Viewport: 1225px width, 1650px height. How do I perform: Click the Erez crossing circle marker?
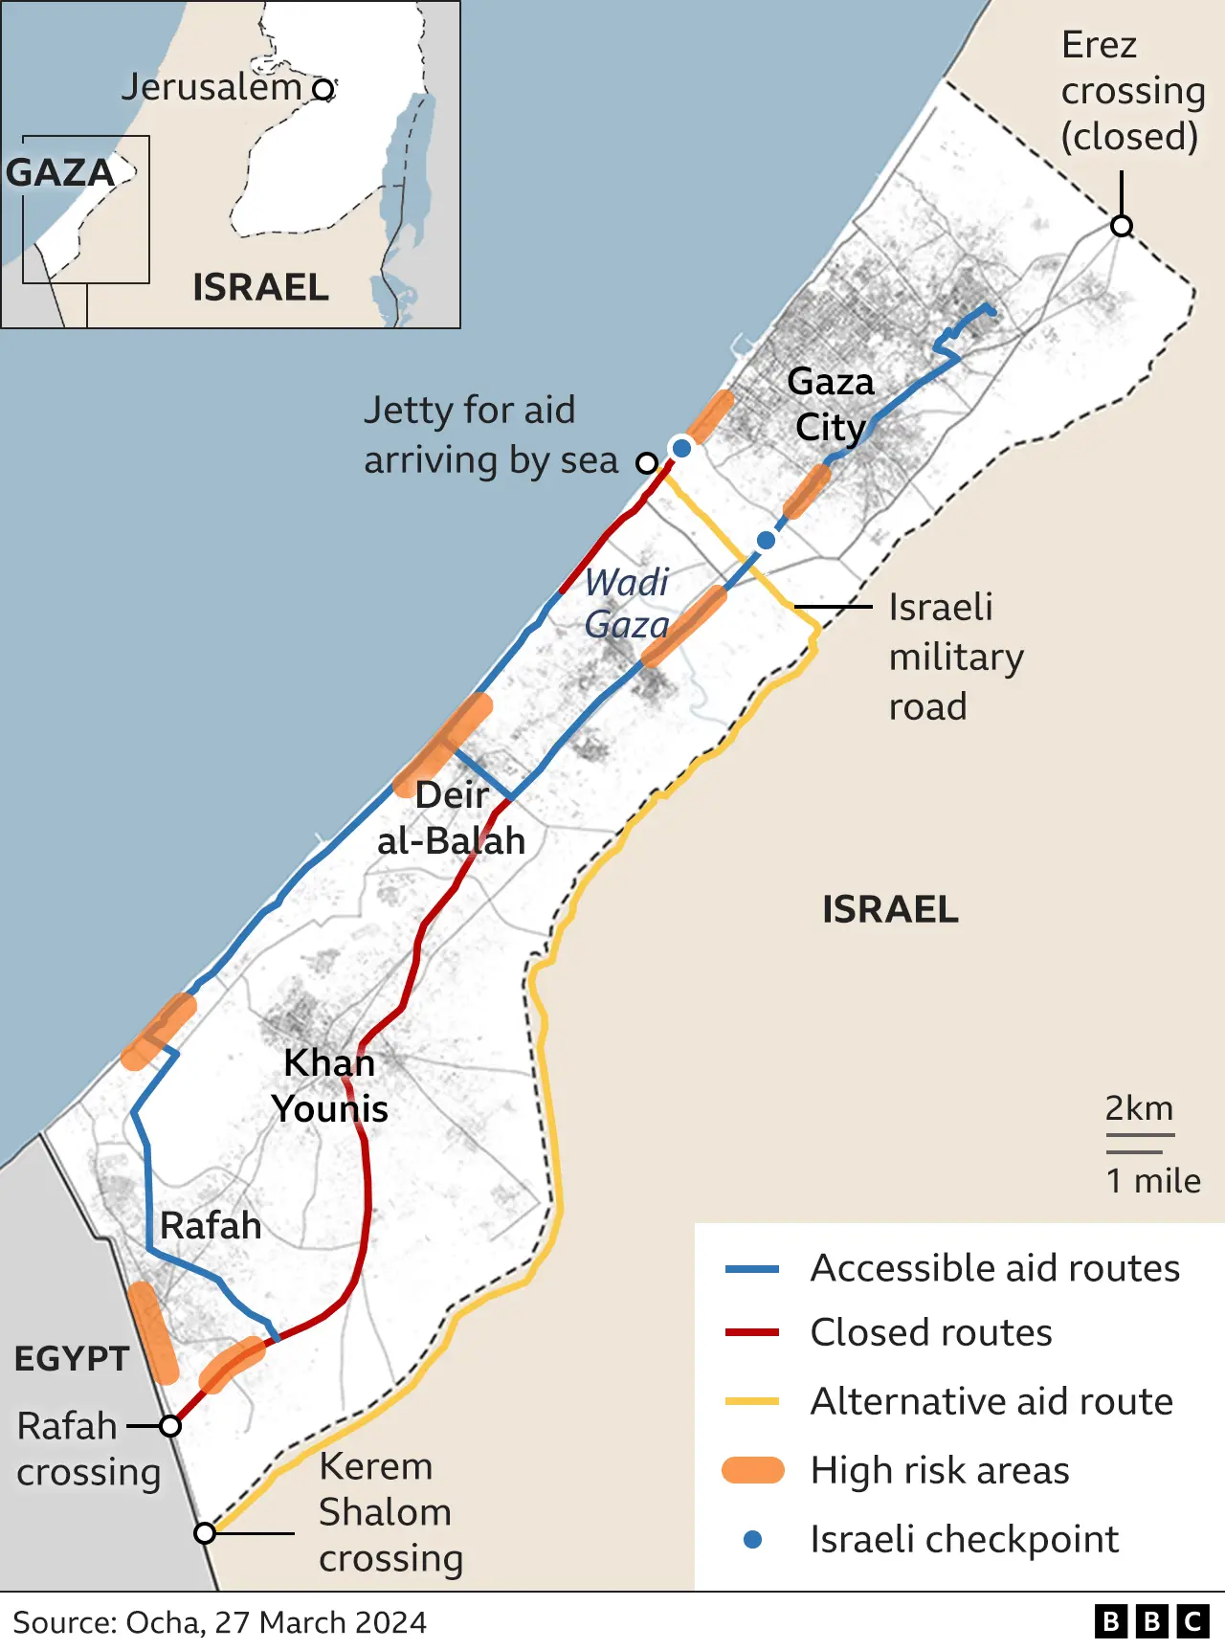tap(1122, 226)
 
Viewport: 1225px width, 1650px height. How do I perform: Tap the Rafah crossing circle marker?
tap(170, 1426)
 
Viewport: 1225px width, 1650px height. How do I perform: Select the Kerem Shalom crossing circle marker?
tap(205, 1533)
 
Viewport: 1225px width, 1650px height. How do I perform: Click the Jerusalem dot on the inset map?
tap(324, 89)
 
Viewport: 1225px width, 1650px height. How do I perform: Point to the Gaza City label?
tap(831, 405)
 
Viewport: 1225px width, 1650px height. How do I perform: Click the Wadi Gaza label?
tap(627, 603)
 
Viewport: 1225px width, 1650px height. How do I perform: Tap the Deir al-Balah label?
tap(452, 818)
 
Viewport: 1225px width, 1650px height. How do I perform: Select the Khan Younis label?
tap(330, 1086)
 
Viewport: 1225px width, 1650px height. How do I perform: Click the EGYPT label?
tap(72, 1359)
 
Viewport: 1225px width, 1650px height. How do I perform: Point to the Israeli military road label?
tap(955, 657)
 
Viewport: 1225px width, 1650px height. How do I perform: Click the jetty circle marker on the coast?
tap(647, 463)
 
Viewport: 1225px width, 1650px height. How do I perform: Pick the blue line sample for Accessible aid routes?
tap(753, 1269)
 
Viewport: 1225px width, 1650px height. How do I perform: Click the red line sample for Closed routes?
tap(753, 1332)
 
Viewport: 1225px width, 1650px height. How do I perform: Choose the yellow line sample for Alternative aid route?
tap(753, 1401)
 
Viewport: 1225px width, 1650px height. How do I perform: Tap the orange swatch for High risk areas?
tap(753, 1470)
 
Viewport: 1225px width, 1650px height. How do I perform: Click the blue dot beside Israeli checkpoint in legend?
tap(753, 1539)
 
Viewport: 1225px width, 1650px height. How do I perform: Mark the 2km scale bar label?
tap(1139, 1108)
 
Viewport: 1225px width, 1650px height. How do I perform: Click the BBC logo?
tap(1152, 1621)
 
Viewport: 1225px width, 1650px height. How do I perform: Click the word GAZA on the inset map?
tap(60, 173)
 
